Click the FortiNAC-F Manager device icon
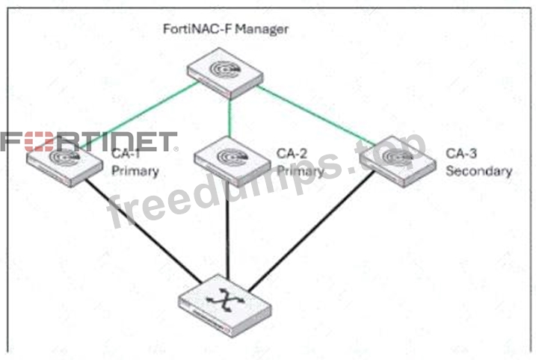(x=225, y=73)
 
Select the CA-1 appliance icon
(x=64, y=163)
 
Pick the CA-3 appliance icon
(x=398, y=161)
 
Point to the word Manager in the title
(x=262, y=29)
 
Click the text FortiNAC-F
(x=197, y=29)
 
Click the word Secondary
(x=479, y=171)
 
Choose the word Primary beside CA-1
(x=135, y=171)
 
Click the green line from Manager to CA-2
(x=230, y=118)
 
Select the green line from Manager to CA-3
(x=316, y=116)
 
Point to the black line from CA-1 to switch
(x=144, y=232)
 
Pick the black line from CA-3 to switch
(x=311, y=232)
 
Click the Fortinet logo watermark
(x=89, y=141)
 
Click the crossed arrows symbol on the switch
(x=226, y=300)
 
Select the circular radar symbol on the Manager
(x=224, y=69)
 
